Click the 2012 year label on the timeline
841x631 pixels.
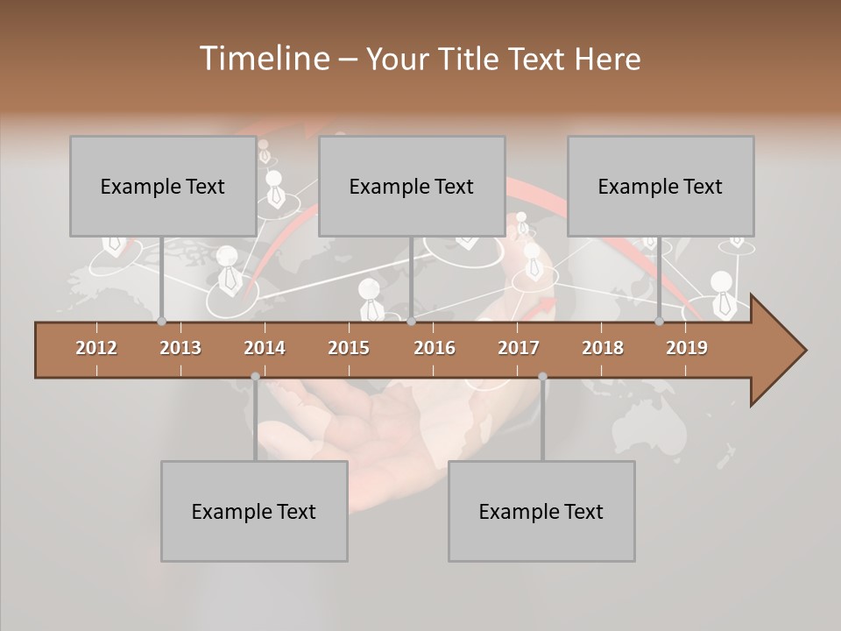click(96, 348)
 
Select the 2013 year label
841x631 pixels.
click(180, 348)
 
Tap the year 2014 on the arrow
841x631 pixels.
click(265, 348)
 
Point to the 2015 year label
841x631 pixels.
click(349, 348)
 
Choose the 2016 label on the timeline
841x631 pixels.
click(435, 348)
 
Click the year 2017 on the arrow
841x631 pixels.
click(519, 348)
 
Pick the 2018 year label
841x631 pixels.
click(603, 348)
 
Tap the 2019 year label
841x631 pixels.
click(687, 348)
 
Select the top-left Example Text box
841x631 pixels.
click(163, 187)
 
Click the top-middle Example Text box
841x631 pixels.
click(412, 187)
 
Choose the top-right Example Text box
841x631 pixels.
click(661, 187)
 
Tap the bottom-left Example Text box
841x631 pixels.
click(254, 512)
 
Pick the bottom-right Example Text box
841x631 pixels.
click(541, 512)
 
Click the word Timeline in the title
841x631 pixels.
click(263, 59)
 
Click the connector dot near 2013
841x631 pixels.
click(161, 322)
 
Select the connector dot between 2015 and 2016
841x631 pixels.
click(411, 322)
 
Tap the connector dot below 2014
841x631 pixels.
click(255, 377)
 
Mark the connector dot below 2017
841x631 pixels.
click(542, 377)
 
